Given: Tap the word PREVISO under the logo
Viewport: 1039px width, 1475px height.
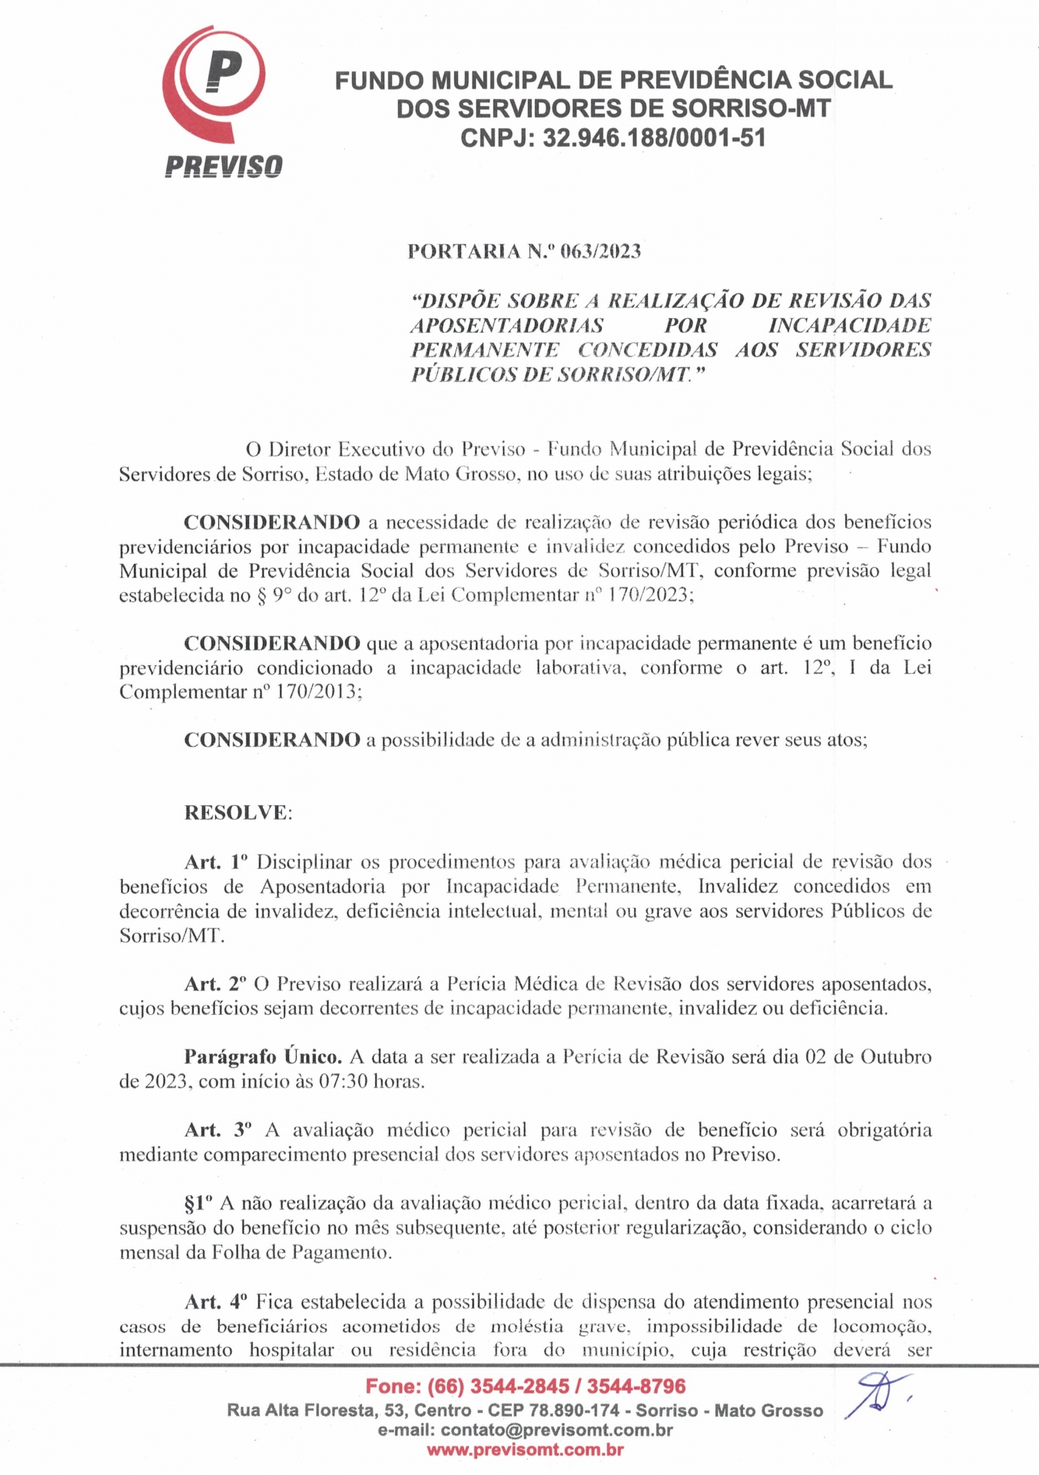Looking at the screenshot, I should click(224, 166).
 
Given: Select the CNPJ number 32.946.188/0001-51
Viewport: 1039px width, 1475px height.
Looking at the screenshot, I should click(654, 138).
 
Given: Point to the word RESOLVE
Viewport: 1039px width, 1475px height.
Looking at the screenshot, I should click(236, 813).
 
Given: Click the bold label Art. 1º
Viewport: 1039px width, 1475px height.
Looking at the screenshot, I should click(217, 862).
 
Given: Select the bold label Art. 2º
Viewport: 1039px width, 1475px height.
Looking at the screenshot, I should click(216, 983).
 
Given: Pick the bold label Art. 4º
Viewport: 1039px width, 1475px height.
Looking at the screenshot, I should click(217, 1301).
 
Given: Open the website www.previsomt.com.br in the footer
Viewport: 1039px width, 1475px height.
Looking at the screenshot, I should click(525, 1450).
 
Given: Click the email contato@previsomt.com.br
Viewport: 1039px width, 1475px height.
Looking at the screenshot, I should click(556, 1430).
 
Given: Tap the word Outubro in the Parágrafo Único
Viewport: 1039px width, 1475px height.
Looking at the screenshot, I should click(895, 1057).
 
